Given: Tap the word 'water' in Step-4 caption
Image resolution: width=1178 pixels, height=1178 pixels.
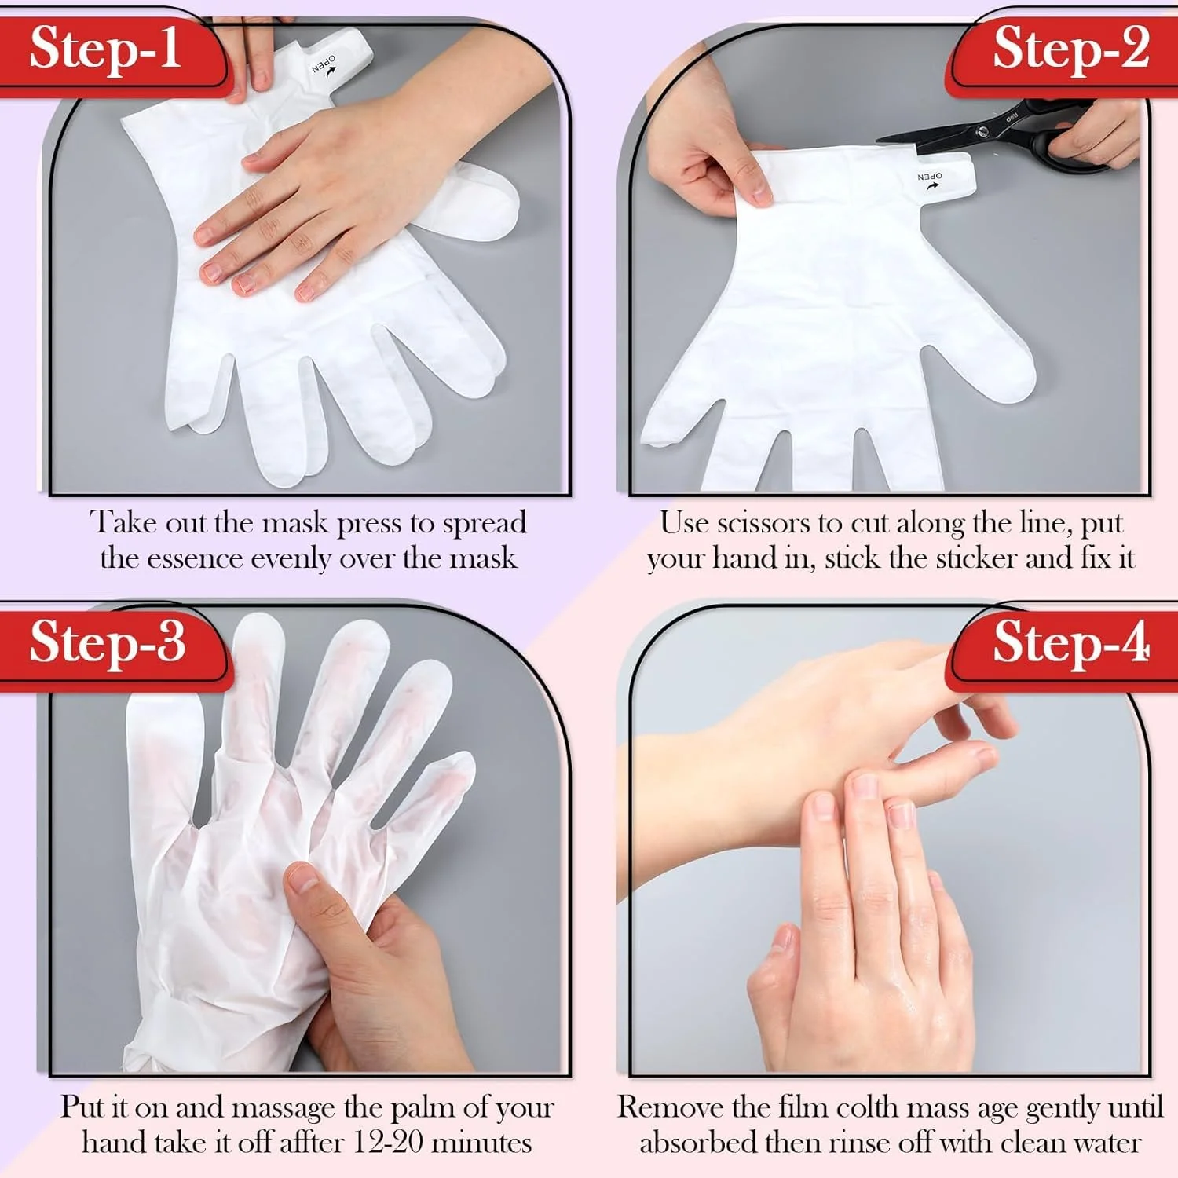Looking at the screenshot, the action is [x=1106, y=1143].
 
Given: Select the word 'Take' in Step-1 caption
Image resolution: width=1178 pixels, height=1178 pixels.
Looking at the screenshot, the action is [x=118, y=522].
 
